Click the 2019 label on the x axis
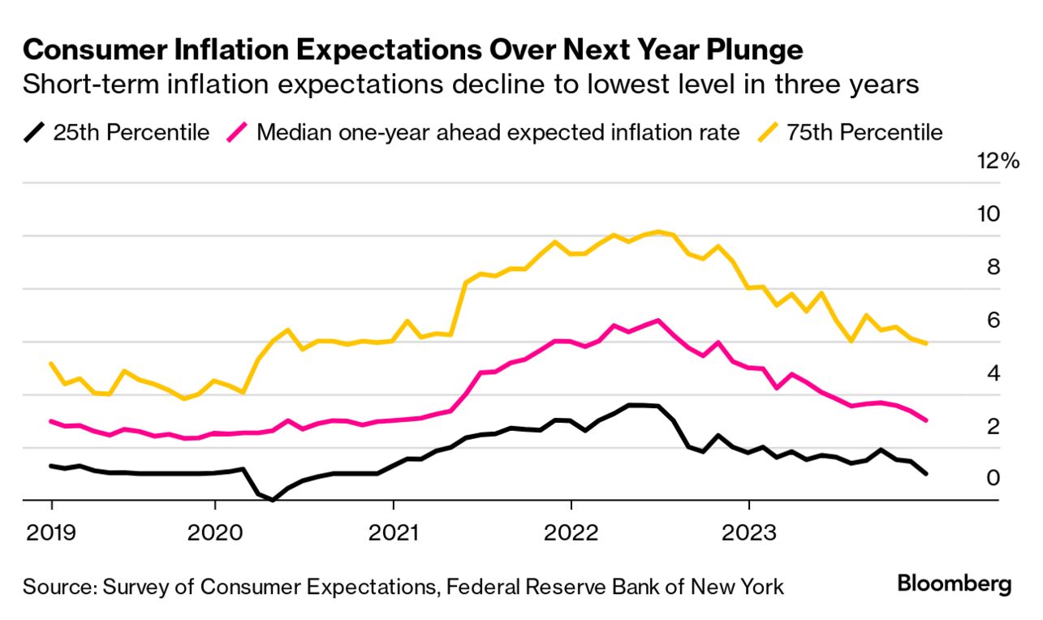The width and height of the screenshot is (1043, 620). pos(50,533)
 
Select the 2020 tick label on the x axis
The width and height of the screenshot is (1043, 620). pos(214,533)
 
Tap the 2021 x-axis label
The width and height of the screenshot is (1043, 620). pos(393,533)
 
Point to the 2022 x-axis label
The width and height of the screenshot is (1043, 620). pos(571,533)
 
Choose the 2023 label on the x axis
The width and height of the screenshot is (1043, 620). pos(748,533)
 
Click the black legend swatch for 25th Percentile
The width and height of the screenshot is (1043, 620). pos(35,131)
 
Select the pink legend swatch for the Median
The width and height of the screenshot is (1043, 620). pos(239,131)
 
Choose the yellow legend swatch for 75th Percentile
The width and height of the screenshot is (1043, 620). pos(769,131)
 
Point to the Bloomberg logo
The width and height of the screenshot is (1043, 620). pos(955,584)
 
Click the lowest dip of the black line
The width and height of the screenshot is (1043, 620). pos(273,500)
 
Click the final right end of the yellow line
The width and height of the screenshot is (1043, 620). pos(926,343)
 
